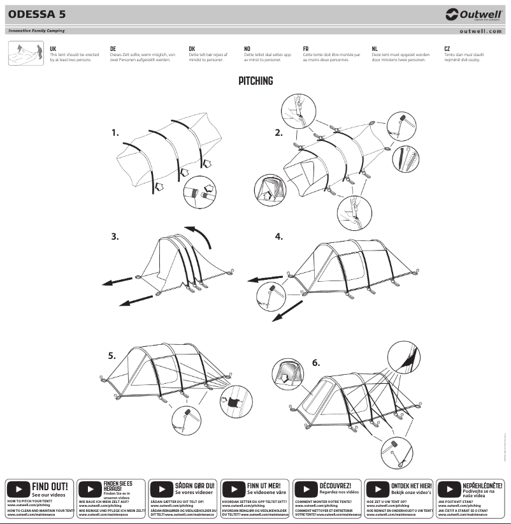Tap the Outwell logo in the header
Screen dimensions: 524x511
pyautogui.click(x=473, y=14)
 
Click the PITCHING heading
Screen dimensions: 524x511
pyautogui.click(x=255, y=81)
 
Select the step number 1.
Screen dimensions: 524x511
pyautogui.click(x=115, y=133)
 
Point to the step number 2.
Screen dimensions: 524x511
pyautogui.click(x=278, y=133)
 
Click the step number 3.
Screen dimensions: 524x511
pyautogui.click(x=115, y=237)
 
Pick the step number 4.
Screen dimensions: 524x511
pyautogui.click(x=278, y=237)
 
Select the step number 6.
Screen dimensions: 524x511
pyautogui.click(x=315, y=363)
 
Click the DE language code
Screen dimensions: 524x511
pyautogui.click(x=113, y=48)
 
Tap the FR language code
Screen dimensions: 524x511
pyautogui.click(x=306, y=48)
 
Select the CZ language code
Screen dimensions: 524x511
pyautogui.click(x=447, y=48)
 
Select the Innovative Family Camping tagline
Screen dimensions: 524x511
pyautogui.click(x=36, y=31)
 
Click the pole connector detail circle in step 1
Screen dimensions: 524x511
pyautogui.click(x=199, y=194)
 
